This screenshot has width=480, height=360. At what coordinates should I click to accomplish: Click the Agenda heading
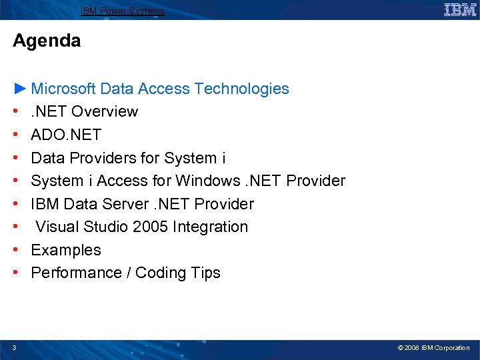point(47,41)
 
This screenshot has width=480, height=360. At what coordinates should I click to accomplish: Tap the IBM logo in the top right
point(460,9)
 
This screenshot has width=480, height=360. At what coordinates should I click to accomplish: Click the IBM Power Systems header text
point(123,11)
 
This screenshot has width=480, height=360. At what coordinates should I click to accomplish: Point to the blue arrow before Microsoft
point(21,88)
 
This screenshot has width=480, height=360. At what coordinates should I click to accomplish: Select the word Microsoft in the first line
point(63,89)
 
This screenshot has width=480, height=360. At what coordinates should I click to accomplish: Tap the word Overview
point(105,111)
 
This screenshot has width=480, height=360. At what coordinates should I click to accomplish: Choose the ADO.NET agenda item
point(66,135)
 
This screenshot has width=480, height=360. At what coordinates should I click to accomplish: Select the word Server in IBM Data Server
point(129,204)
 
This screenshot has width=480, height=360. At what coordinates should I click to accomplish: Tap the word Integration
point(210,227)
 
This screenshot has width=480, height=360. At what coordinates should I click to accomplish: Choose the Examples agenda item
point(66,250)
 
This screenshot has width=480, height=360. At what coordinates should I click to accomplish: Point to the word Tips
point(205,273)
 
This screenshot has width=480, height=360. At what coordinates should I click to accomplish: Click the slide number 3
point(15,347)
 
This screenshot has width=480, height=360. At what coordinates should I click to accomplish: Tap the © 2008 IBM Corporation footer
point(433,348)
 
